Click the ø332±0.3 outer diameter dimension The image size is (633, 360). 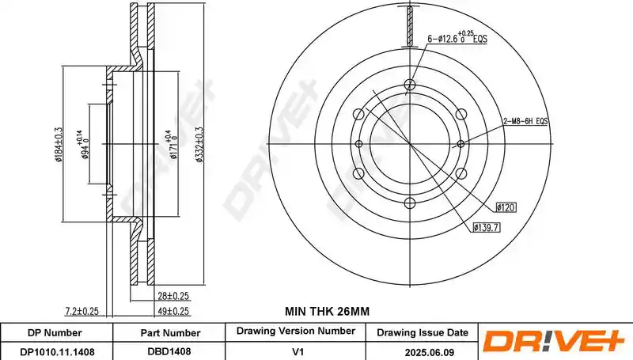click(x=199, y=144)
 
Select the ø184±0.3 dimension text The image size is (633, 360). click(x=59, y=144)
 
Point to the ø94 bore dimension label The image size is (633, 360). click(x=82, y=146)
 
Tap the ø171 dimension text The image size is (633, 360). click(x=171, y=145)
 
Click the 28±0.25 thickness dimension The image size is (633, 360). click(x=173, y=296)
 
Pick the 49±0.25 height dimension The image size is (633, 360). click(x=173, y=311)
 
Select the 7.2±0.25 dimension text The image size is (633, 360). click(x=82, y=311)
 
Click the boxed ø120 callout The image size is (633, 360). click(x=506, y=207)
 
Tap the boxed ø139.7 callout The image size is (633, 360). click(x=487, y=228)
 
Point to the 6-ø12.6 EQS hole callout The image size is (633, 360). click(x=457, y=37)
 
